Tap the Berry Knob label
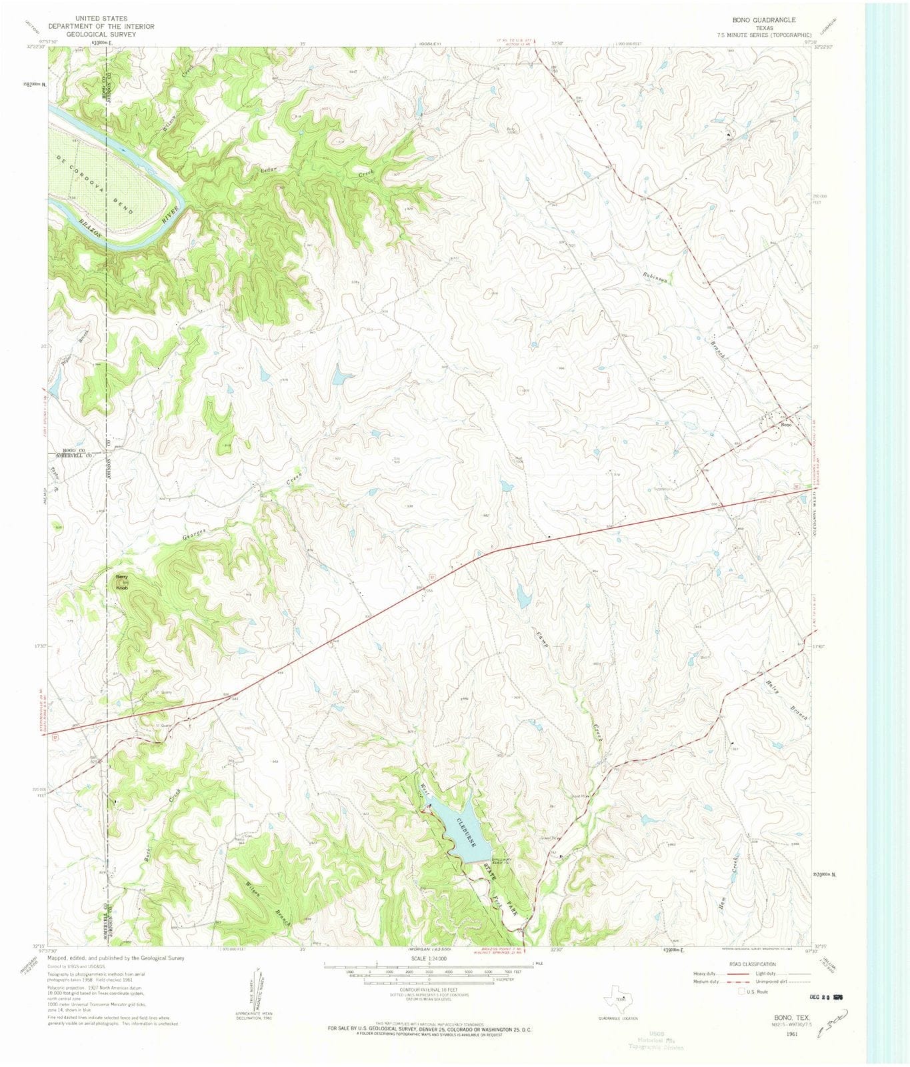click(122, 582)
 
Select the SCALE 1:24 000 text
click(429, 958)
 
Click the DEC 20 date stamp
click(824, 998)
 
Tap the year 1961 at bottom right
click(791, 1034)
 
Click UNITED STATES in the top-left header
click(101, 19)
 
